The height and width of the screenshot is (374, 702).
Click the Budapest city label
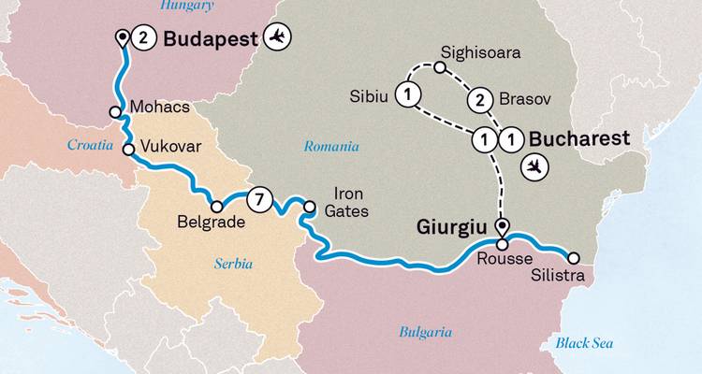212,38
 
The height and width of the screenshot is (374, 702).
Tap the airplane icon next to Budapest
277,37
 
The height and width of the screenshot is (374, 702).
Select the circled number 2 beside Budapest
143,38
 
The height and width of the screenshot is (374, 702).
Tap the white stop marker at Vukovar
126,148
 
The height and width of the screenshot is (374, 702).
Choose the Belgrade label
211,223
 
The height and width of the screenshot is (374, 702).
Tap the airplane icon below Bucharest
535,166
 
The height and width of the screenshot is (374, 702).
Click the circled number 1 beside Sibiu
408,94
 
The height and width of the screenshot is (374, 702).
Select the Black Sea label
584,343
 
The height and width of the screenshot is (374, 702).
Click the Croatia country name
89,145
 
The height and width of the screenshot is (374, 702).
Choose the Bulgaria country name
425,332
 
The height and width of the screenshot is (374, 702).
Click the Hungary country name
187,6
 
